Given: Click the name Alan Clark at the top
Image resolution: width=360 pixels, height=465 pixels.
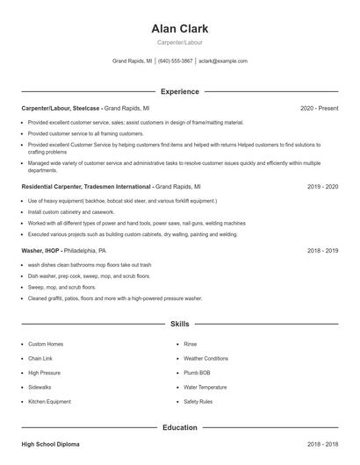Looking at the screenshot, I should (179, 29).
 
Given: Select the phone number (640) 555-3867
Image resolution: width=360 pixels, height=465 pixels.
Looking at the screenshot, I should (175, 61).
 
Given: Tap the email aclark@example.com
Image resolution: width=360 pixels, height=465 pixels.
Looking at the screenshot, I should (223, 61).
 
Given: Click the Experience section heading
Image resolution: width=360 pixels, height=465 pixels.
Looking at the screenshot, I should (179, 91).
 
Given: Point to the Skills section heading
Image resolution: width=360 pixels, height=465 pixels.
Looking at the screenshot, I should (179, 324).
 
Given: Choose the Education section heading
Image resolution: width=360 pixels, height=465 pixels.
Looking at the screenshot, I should (179, 427).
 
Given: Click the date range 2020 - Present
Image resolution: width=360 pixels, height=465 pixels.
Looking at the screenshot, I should (319, 108).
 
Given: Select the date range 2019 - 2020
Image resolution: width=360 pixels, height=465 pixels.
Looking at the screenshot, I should (322, 187).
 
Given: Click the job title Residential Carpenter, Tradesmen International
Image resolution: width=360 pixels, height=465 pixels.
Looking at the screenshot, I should (86, 187).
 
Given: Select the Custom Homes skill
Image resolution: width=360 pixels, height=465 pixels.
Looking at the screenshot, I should (45, 344).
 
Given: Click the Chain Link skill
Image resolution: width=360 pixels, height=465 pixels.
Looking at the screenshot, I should (41, 358).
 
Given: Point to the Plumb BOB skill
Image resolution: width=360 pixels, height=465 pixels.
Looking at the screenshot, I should (198, 373).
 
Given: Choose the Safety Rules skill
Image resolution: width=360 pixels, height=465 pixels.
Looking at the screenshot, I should (198, 401).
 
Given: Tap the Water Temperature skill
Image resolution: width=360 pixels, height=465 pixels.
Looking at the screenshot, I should (205, 387).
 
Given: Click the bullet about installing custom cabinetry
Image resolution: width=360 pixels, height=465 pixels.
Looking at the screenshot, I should (71, 212).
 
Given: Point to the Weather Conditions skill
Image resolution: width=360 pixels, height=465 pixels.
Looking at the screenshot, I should (205, 358).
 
